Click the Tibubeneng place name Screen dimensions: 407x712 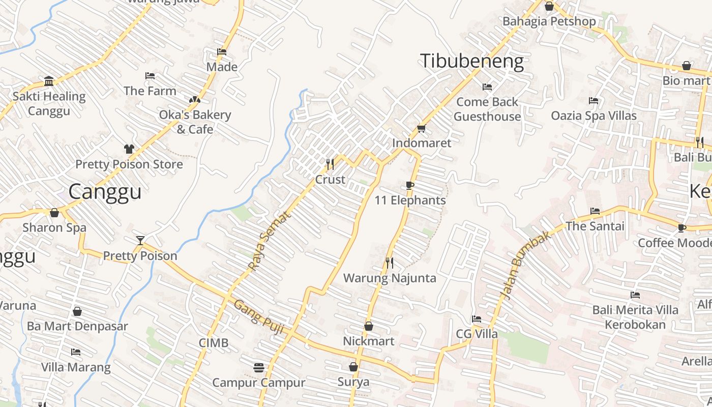(471, 61)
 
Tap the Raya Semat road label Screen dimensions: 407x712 (270, 241)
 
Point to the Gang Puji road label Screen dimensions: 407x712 (259, 315)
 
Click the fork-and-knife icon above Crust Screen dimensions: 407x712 (330, 164)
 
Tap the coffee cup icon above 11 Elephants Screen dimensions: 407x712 (410, 185)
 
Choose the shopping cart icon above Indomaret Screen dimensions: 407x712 (421, 128)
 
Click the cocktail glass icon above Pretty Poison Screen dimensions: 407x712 (140, 240)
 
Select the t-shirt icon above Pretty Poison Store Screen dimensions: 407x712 (129, 149)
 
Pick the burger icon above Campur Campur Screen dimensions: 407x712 (258, 367)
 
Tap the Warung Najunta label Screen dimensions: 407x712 (390, 278)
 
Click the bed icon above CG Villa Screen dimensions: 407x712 (476, 319)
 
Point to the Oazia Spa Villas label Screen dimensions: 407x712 (594, 115)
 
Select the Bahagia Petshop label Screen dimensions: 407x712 (549, 21)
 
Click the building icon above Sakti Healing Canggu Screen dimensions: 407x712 (49, 81)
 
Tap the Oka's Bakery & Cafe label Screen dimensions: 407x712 (195, 122)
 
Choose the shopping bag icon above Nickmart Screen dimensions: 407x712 (368, 326)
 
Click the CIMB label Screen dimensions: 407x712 (214, 343)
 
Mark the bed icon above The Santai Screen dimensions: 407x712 (595, 211)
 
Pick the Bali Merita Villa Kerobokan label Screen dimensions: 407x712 (635, 317)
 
